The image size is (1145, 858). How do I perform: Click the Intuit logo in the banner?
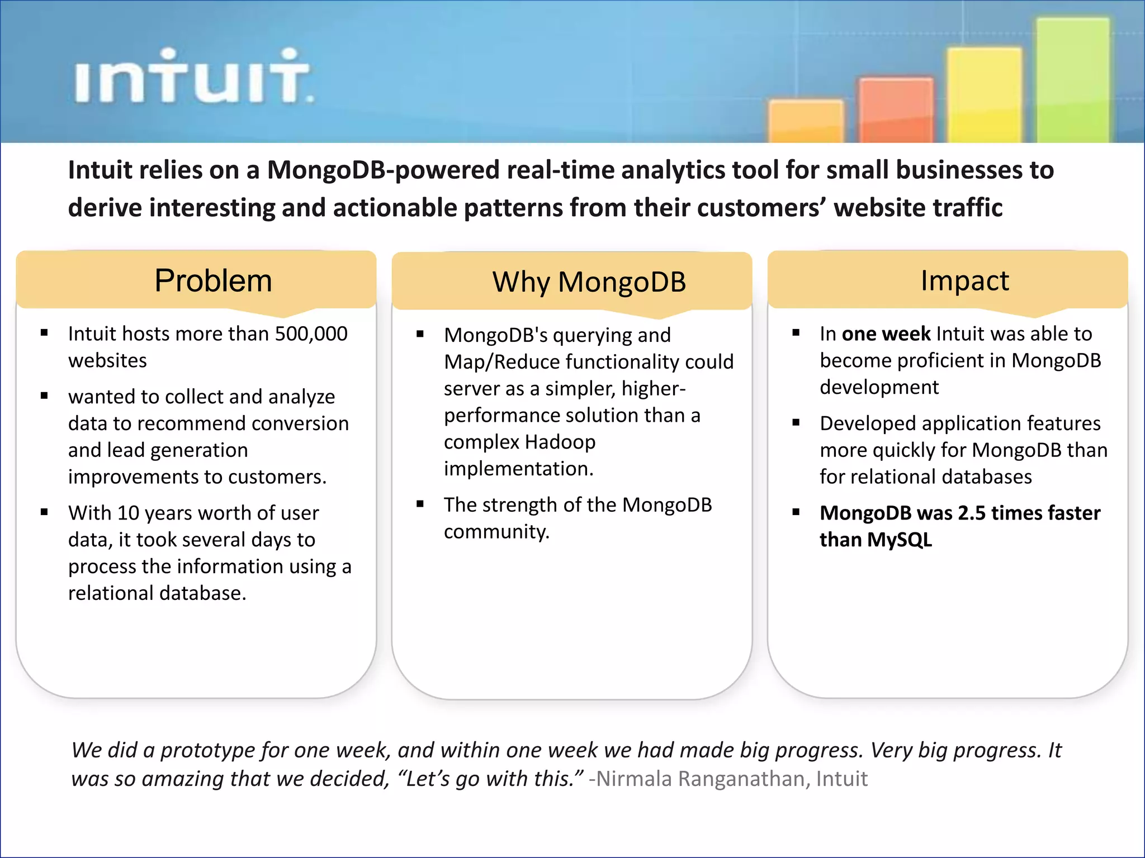(x=193, y=78)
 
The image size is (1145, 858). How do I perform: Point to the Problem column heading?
(x=213, y=280)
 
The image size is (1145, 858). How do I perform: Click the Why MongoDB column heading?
(x=589, y=282)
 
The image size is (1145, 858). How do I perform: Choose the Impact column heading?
(x=964, y=280)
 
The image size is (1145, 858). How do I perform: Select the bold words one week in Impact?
(x=886, y=334)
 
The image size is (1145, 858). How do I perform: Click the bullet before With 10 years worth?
(x=45, y=512)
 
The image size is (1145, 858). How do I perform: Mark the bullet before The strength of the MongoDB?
(x=420, y=504)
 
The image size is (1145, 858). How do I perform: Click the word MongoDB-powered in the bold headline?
(x=382, y=170)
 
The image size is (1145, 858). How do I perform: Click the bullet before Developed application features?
(x=796, y=423)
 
